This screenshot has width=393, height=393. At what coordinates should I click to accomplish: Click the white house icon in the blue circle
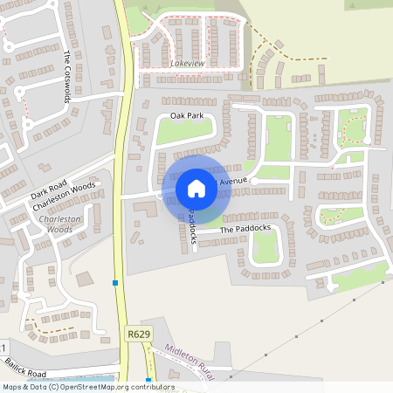point(196,189)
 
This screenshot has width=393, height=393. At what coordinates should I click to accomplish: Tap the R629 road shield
point(137,334)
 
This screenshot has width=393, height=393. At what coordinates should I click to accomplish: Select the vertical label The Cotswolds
point(67,76)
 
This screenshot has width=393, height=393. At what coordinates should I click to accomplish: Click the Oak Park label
point(186,115)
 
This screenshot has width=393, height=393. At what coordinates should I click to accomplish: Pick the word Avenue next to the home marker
point(233,181)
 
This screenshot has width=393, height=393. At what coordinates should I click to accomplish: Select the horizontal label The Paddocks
point(245,229)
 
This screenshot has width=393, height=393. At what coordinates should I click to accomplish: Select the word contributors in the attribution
point(152,387)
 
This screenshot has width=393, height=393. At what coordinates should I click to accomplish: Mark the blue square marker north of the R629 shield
point(115,283)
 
